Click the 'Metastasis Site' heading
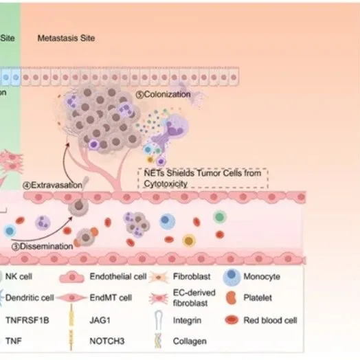point(66,38)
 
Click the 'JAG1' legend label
point(100,319)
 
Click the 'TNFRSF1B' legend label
point(23,319)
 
